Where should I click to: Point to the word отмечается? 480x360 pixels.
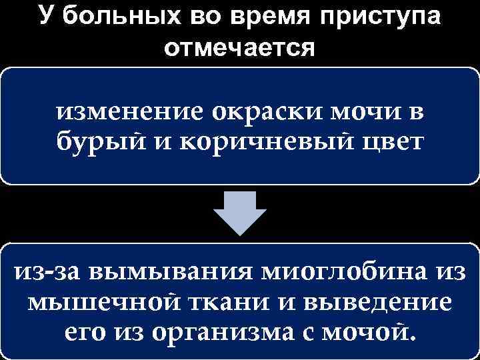click(239, 49)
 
